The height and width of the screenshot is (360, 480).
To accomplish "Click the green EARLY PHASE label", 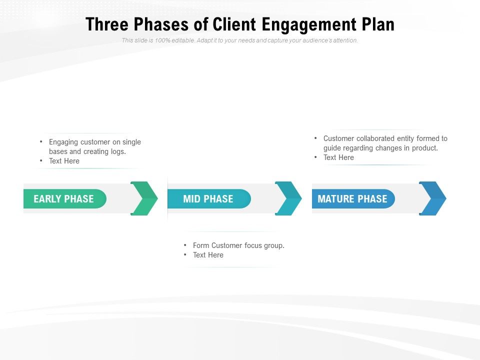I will pyautogui.click(x=64, y=199).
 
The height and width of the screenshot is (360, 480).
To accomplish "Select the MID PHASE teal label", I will pyautogui.click(x=208, y=199).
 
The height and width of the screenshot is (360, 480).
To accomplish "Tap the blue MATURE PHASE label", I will pyautogui.click(x=352, y=199).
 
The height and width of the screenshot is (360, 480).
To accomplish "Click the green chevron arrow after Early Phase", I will pyautogui.click(x=144, y=198).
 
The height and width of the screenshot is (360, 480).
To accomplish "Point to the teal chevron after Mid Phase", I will pyautogui.click(x=288, y=198).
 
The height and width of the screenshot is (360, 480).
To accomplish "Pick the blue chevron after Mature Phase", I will pyautogui.click(x=432, y=198).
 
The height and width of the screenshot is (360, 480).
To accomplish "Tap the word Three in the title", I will pyautogui.click(x=105, y=24).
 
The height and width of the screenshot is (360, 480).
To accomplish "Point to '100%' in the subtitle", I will pyautogui.click(x=162, y=40).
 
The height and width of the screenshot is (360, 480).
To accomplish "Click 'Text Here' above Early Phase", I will pyautogui.click(x=64, y=161).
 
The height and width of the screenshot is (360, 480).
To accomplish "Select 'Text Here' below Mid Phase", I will pyautogui.click(x=208, y=255).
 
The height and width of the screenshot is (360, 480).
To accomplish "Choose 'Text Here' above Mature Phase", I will pyautogui.click(x=338, y=157).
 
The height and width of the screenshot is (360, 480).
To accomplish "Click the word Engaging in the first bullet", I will pyautogui.click(x=63, y=142).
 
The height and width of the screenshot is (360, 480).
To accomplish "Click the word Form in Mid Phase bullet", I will pyautogui.click(x=201, y=245).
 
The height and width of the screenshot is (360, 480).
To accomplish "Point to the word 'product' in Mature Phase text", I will pyautogui.click(x=424, y=148).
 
